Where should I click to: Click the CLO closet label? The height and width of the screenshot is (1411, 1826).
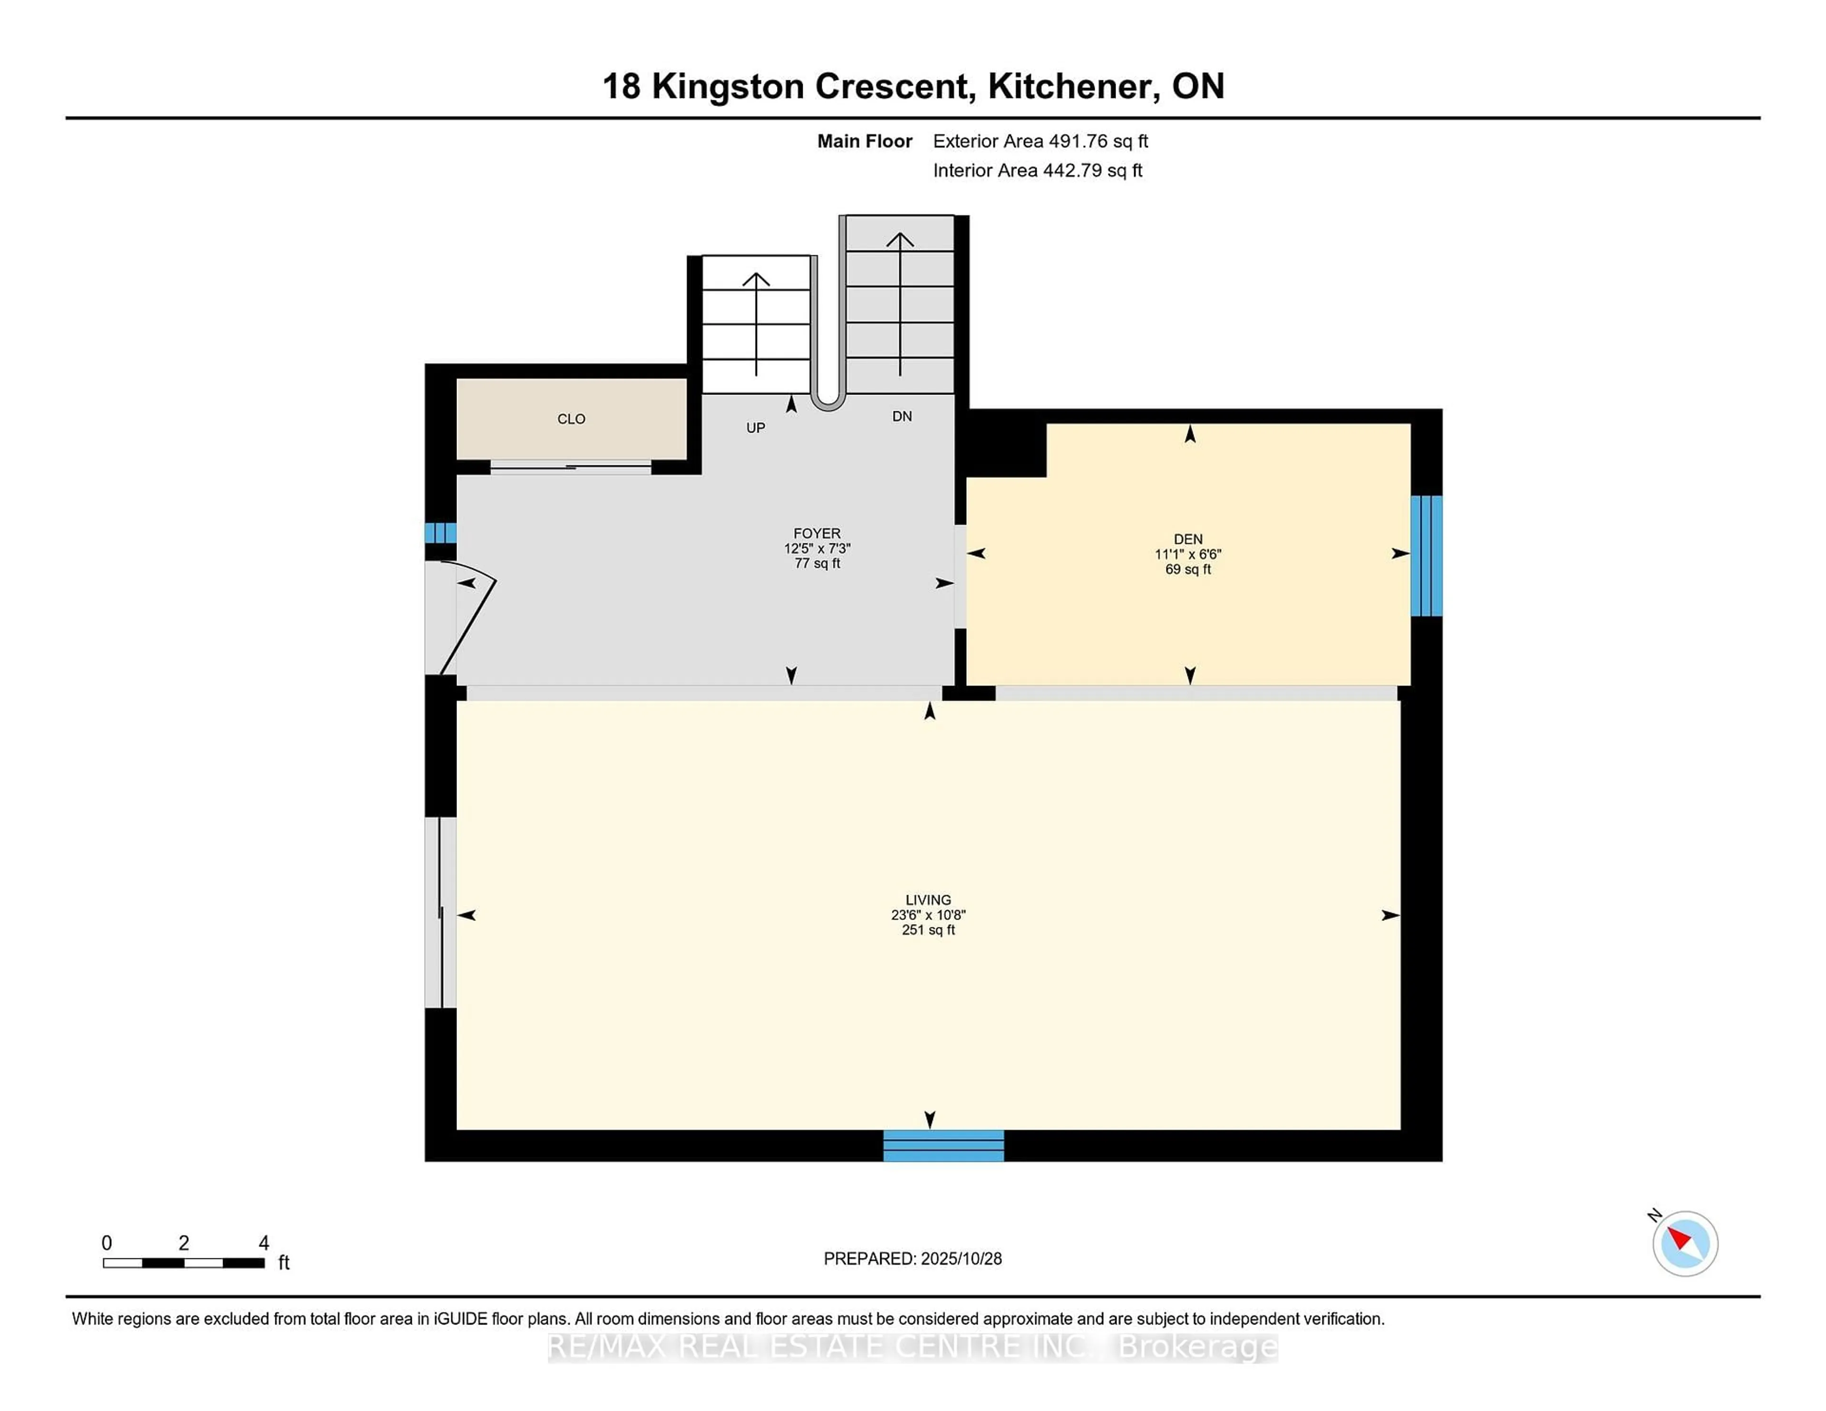pyautogui.click(x=571, y=419)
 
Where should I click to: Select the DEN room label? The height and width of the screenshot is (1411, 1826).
pyautogui.click(x=1187, y=539)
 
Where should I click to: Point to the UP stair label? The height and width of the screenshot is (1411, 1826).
pyautogui.click(x=755, y=428)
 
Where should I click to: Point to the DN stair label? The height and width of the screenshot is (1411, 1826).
pyautogui.click(x=901, y=416)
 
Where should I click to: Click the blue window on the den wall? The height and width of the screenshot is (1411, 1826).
pyautogui.click(x=1427, y=556)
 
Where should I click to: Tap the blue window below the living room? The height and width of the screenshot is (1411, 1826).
pyautogui.click(x=943, y=1145)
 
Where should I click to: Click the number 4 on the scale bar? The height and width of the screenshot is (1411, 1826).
pyautogui.click(x=263, y=1243)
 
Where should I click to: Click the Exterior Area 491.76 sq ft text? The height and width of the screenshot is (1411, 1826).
pyautogui.click(x=1040, y=141)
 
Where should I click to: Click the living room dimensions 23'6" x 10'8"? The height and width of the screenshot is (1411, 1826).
pyautogui.click(x=928, y=915)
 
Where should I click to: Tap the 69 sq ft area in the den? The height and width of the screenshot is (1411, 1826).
pyautogui.click(x=1187, y=569)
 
